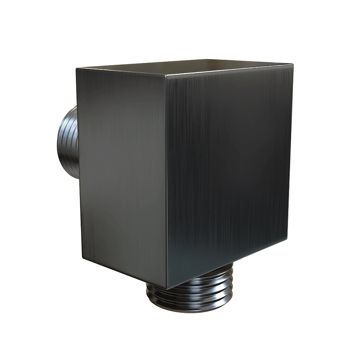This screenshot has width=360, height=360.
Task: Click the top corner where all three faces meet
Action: [165, 77]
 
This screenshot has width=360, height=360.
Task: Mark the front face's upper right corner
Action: [292, 65]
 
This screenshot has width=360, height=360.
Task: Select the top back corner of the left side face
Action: [76, 68]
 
